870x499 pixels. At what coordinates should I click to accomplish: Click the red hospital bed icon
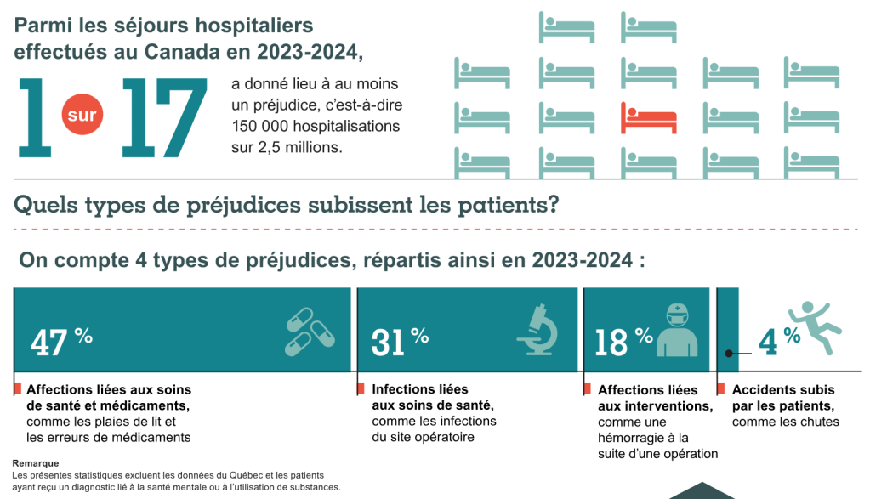[x=648, y=117]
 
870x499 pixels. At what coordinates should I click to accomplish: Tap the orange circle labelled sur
[x=82, y=115]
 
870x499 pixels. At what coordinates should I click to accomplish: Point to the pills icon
[x=310, y=332]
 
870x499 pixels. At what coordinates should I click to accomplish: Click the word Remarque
[x=35, y=463]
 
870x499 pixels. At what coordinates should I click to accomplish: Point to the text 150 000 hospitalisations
[x=315, y=126]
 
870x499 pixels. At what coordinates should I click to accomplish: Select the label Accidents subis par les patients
[x=782, y=398]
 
